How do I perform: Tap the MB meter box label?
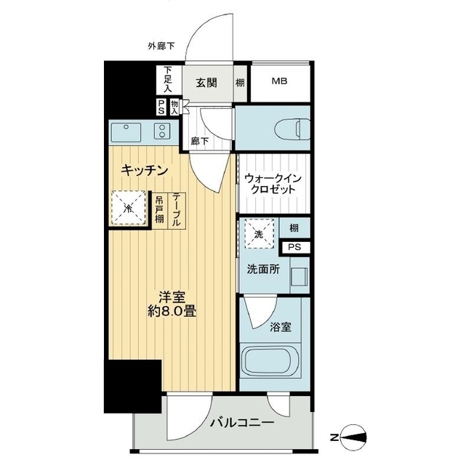pyautogui.click(x=280, y=81)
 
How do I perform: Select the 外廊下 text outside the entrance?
pyautogui.click(x=161, y=47)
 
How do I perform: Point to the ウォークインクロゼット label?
pyautogui.click(x=271, y=182)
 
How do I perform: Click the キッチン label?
pyautogui.click(x=145, y=171)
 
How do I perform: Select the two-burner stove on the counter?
pyautogui.click(x=161, y=132)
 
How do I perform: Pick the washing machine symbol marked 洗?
pyautogui.click(x=257, y=233)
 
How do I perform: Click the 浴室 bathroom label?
pyautogui.click(x=281, y=327)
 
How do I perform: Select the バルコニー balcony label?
pyautogui.click(x=242, y=422)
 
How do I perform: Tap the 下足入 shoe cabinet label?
pyautogui.click(x=167, y=79)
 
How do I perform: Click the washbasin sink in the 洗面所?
pyautogui.click(x=297, y=278)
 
